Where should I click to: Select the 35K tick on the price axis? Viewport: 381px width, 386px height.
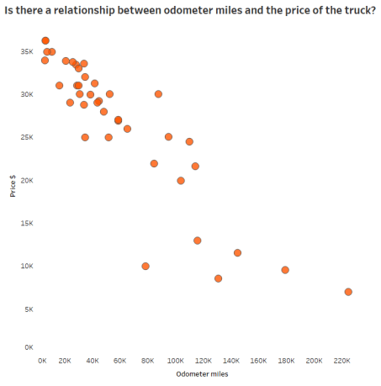click(27, 52)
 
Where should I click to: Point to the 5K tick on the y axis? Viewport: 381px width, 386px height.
click(29, 309)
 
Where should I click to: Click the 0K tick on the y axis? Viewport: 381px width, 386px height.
click(29, 346)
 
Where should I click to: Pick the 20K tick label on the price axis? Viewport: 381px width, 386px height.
click(27, 181)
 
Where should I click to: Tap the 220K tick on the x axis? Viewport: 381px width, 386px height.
click(341, 360)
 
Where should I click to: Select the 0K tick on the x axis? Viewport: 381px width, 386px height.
click(43, 360)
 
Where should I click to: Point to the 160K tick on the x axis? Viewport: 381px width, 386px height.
click(260, 360)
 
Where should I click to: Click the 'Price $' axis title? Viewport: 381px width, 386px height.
click(13, 186)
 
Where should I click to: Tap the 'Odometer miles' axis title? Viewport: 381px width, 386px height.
click(202, 373)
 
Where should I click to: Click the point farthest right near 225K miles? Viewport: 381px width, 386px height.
click(348, 292)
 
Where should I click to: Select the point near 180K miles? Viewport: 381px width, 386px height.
click(285, 270)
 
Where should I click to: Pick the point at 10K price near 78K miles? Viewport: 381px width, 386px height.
click(146, 266)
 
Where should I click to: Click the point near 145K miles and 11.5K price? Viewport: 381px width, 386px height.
click(237, 252)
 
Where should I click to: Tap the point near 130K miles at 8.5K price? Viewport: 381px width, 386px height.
click(218, 278)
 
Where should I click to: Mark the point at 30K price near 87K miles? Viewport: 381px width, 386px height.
click(158, 94)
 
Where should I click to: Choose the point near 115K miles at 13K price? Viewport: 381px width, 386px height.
click(197, 241)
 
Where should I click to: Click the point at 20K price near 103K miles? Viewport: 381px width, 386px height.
click(181, 181)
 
